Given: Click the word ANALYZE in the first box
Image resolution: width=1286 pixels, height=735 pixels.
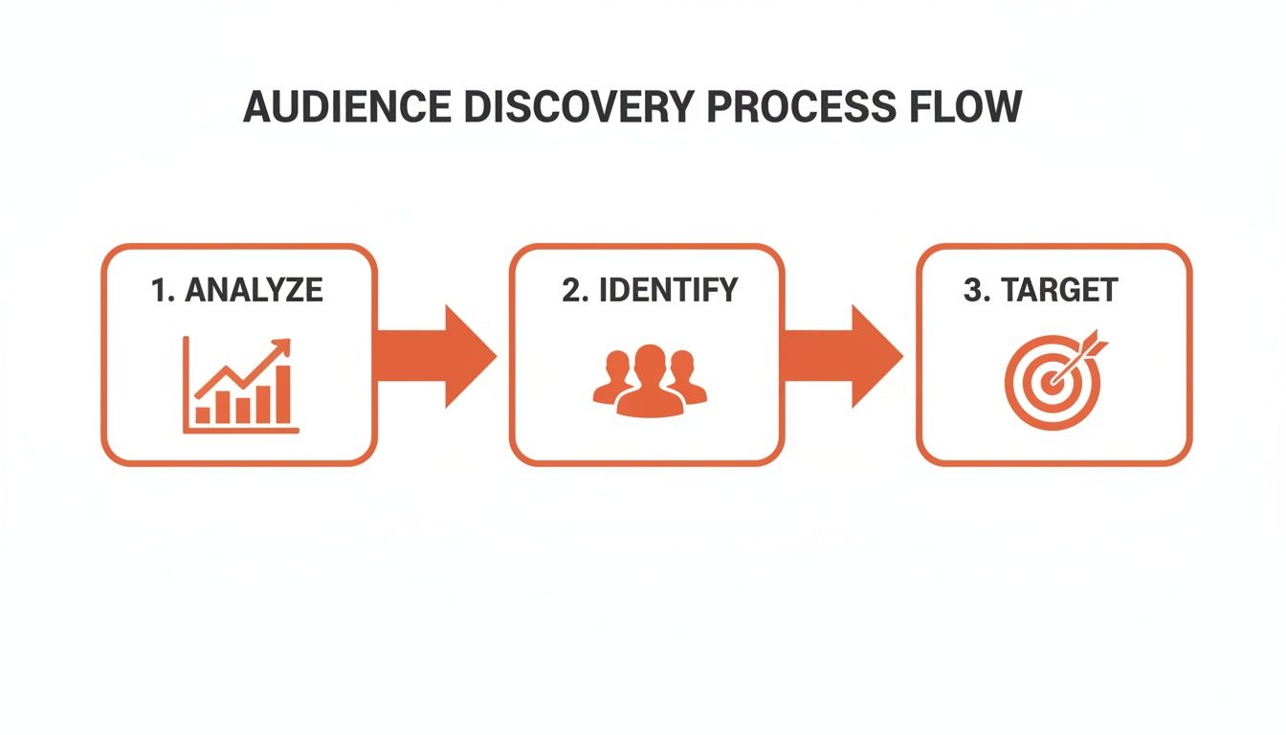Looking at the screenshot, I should tap(254, 290).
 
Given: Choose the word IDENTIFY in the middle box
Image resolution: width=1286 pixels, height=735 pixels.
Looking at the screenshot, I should tap(668, 290).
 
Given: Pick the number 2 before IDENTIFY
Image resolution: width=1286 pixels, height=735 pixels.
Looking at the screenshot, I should tap(571, 290).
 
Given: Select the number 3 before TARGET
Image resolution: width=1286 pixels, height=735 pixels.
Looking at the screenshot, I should tap(976, 290).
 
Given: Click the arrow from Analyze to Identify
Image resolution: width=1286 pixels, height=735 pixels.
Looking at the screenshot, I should tap(440, 356).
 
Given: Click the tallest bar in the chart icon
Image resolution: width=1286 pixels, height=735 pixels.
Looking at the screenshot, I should tap(282, 393).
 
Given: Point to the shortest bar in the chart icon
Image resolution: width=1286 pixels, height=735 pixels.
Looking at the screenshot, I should tap(203, 414).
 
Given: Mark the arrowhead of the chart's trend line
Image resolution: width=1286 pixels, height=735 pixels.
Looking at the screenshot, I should tap(281, 346).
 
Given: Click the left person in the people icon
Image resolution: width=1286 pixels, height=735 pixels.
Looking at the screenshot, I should tap(613, 379).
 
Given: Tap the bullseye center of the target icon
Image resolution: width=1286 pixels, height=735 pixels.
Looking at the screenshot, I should tap(1053, 383).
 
